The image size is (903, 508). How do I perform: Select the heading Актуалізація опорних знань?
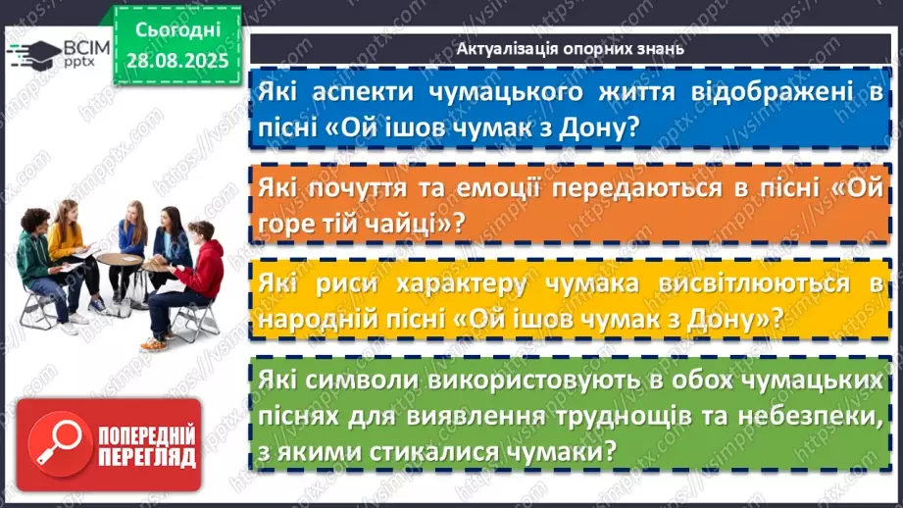point(571,48)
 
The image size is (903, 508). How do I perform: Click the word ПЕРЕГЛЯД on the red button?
point(145,457)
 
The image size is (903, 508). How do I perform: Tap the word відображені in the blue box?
point(764,91)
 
